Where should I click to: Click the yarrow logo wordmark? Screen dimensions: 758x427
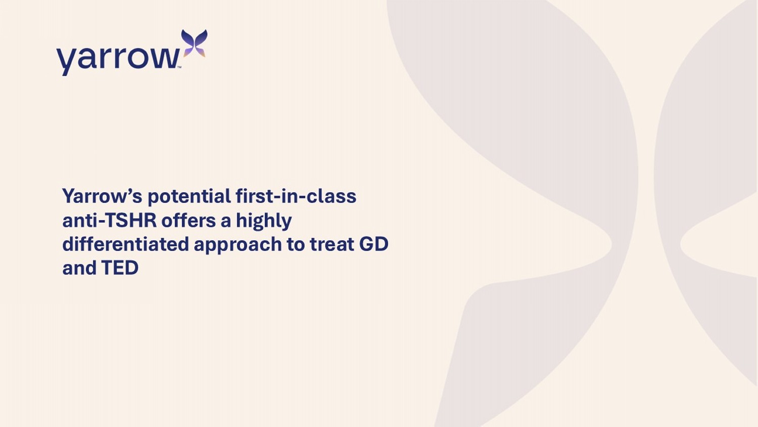tap(118, 59)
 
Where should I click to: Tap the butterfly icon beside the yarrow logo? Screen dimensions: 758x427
tap(194, 43)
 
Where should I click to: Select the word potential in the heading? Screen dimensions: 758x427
tap(189, 196)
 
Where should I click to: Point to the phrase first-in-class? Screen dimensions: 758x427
tap(296, 196)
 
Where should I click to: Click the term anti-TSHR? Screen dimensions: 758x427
tap(110, 220)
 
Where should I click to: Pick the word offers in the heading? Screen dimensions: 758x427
tap(189, 220)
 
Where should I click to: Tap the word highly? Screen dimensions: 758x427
tap(264, 221)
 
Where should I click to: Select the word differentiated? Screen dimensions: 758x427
tap(125, 244)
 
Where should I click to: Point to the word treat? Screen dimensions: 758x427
tap(332, 244)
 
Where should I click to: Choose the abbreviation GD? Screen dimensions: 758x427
tap(373, 244)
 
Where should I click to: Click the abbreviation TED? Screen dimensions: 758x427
tap(120, 268)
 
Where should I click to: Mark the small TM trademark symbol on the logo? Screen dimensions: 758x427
tap(179, 67)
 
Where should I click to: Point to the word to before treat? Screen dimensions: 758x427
tap(296, 244)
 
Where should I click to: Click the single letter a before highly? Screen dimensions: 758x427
tap(226, 222)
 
